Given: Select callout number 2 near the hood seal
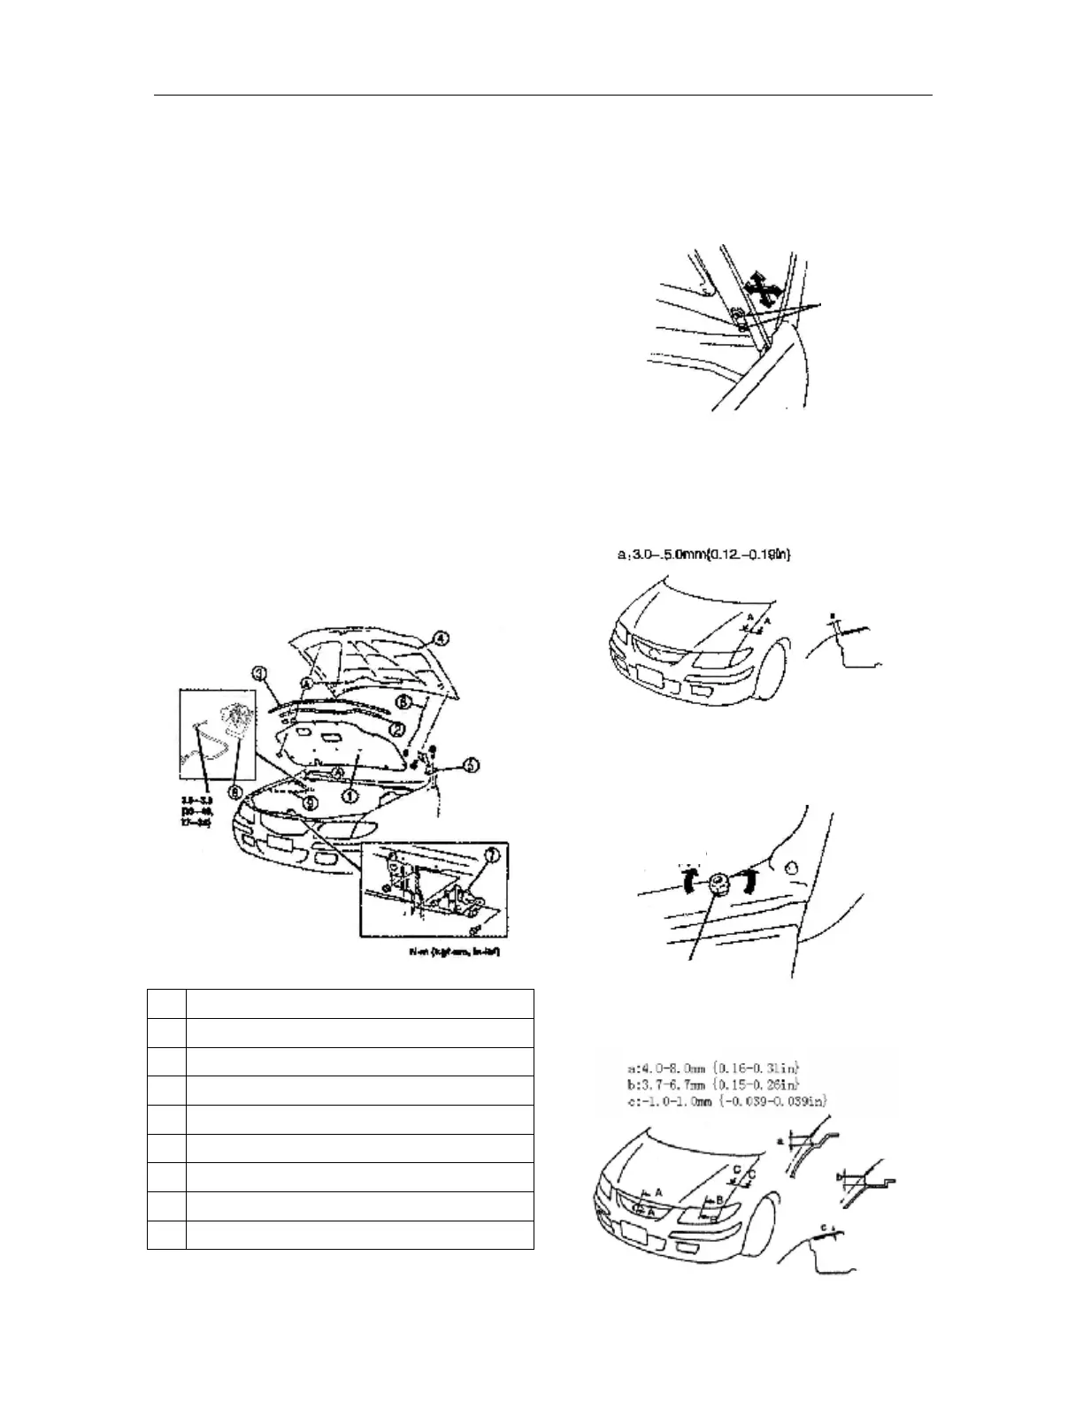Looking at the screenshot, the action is point(398,731).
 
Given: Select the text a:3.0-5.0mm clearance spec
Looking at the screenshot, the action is point(704,555).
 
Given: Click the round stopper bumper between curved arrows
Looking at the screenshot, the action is point(718,882).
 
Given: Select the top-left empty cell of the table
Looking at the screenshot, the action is point(166,1004).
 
